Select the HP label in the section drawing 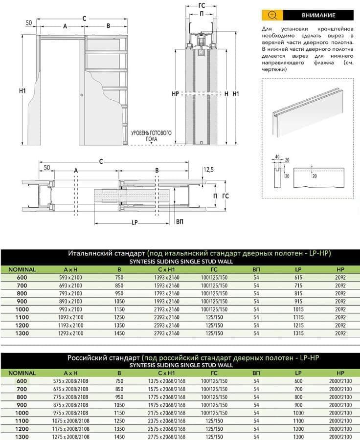[176, 93]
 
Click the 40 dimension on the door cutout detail [276, 157]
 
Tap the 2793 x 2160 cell [167, 333]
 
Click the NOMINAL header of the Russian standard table [19, 373]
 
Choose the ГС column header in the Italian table [214, 269]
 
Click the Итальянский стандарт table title [107, 254]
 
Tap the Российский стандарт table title [104, 358]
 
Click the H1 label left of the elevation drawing [22, 91]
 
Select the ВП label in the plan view [180, 221]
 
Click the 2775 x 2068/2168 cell [167, 436]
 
